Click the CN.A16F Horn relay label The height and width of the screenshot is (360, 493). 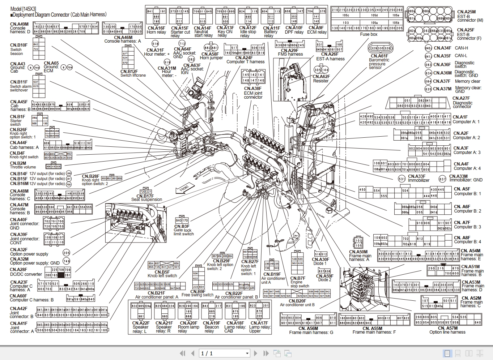(156, 30)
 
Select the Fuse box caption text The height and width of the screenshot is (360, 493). (369, 34)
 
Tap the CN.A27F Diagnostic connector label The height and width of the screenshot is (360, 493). (462, 102)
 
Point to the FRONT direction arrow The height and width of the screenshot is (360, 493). (185, 188)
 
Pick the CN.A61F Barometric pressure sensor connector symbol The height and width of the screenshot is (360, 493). (381, 48)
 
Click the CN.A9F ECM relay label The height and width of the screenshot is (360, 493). (316, 30)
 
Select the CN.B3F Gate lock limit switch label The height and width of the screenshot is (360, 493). (183, 230)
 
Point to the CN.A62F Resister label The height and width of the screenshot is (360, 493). (321, 78)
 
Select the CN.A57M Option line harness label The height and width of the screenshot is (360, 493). (447, 330)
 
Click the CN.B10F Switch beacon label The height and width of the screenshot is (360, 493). (18, 50)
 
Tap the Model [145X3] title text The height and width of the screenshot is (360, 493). (23, 9)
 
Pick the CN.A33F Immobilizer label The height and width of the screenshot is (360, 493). (418, 178)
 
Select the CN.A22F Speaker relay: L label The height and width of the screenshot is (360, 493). (140, 327)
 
